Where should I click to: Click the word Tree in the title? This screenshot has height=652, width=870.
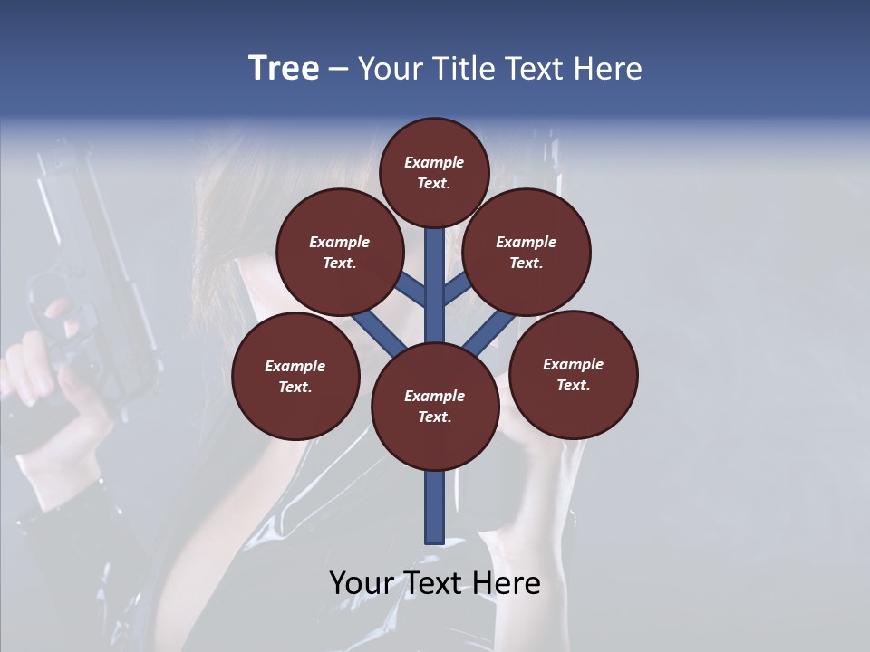[x=284, y=69]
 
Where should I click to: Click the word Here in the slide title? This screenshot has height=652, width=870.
[x=608, y=69]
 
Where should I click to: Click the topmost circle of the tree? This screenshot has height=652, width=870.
[x=434, y=172]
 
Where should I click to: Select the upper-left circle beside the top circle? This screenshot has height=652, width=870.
[x=340, y=252]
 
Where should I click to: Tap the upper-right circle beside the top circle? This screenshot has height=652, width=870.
[x=527, y=252]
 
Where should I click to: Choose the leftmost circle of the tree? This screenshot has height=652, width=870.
[x=295, y=376]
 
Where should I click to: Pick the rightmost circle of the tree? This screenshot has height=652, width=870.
[x=573, y=374]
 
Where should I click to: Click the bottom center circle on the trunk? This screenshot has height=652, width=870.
[x=435, y=407]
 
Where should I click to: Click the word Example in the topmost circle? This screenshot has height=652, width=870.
[x=434, y=162]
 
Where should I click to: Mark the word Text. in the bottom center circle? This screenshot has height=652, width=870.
[x=434, y=417]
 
